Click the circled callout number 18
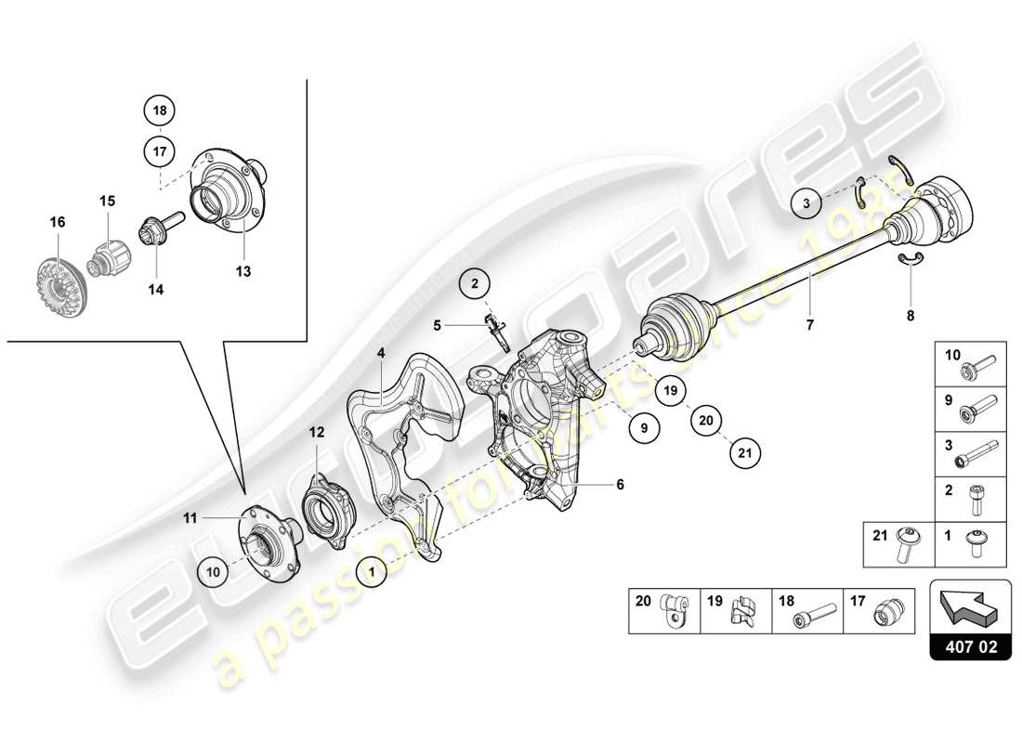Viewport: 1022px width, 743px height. (160, 111)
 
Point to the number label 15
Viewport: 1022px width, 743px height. (107, 201)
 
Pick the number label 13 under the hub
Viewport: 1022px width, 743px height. (243, 272)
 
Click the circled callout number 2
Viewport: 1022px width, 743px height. (475, 284)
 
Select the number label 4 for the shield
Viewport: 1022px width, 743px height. (380, 353)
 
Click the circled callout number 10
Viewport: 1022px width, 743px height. (214, 572)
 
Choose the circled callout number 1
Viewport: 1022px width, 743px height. (373, 573)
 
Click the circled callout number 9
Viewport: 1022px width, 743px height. (644, 428)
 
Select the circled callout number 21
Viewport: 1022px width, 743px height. (744, 453)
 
